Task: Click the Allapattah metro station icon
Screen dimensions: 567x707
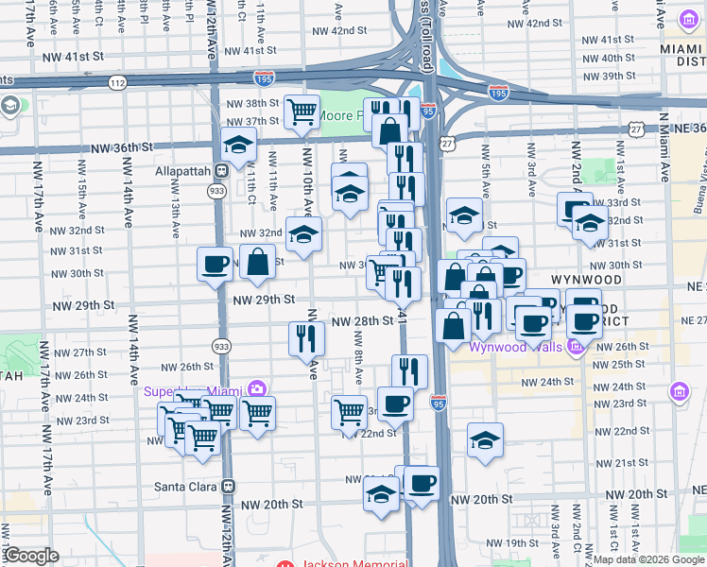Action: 220,171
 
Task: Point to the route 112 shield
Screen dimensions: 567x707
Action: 117,83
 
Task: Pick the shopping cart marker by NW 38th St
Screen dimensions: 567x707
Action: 302,112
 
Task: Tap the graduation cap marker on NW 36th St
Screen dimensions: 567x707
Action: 238,145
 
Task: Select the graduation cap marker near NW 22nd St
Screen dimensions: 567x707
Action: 485,439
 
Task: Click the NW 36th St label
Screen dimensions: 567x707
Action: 122,148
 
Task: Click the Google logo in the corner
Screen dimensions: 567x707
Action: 31,556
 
